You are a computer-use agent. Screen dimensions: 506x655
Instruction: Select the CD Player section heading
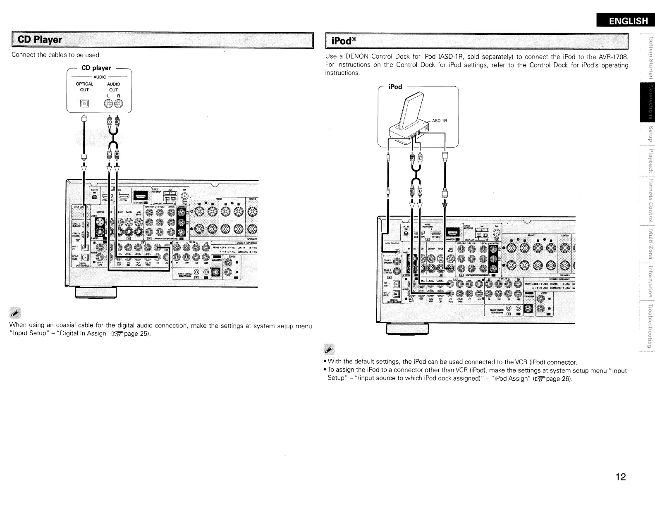click(38, 40)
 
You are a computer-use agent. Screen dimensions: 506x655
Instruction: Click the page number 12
click(620, 477)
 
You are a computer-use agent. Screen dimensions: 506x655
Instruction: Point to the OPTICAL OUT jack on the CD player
click(84, 103)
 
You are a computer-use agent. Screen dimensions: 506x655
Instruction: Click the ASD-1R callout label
click(440, 121)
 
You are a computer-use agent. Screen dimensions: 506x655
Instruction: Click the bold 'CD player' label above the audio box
click(96, 68)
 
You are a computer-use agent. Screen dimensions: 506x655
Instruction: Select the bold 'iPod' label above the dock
click(395, 87)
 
